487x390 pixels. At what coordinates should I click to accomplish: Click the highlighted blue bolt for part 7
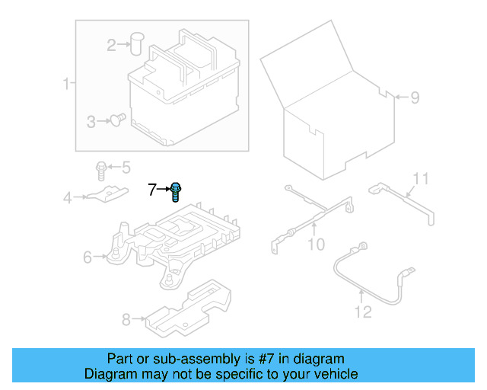click(176, 191)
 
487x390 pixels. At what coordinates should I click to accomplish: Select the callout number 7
click(152, 189)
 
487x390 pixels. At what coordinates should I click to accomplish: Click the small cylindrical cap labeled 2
click(138, 43)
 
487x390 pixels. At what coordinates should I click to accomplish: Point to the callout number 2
click(112, 46)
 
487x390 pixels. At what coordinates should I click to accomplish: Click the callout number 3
click(91, 121)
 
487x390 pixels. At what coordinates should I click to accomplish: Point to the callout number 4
click(68, 199)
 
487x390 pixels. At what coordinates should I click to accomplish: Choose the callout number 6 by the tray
click(88, 257)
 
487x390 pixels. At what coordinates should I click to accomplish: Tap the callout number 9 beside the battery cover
click(415, 97)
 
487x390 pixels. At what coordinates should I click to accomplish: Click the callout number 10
click(315, 245)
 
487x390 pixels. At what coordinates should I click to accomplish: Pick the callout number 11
click(421, 179)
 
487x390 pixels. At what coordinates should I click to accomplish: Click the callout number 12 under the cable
click(362, 312)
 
